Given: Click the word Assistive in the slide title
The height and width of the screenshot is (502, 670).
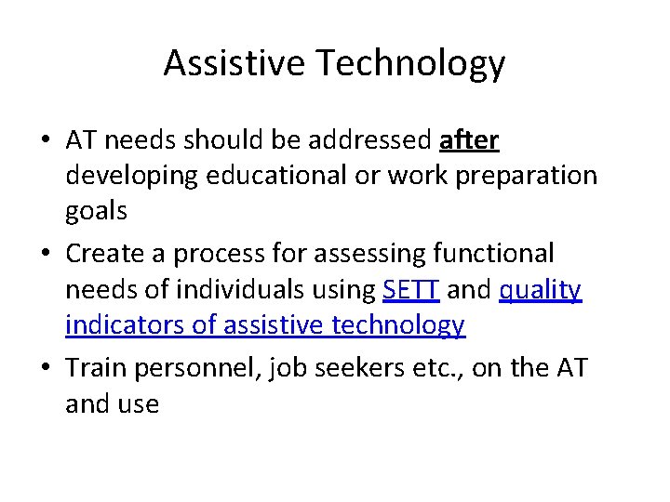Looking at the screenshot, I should pos(234,63).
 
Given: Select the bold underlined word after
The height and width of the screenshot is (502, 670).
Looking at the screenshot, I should pos(468,140).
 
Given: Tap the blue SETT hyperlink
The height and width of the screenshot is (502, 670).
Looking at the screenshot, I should pos(410,290).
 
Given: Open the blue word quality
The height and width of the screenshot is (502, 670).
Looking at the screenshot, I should pos(541,290).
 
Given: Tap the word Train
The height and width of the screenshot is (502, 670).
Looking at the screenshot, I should pos(96,367).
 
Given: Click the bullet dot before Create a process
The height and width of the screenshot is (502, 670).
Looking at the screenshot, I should pos(45,254).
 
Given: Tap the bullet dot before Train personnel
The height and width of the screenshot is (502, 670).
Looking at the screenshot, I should pos(45,368).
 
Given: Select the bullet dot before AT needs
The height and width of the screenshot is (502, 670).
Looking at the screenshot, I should pos(45,141).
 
